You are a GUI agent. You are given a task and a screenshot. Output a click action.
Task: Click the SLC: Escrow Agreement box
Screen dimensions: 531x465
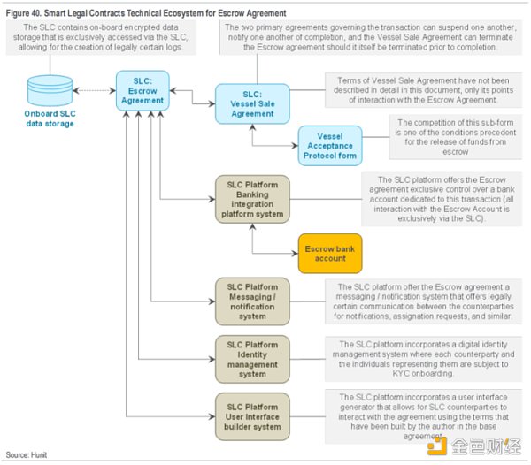point(142,91)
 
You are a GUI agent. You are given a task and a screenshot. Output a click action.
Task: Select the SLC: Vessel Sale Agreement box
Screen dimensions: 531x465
point(252,103)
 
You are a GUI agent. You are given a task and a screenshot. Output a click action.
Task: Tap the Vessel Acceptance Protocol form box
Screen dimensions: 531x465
point(330,146)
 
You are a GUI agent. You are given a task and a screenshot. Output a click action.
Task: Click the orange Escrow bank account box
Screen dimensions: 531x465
point(330,254)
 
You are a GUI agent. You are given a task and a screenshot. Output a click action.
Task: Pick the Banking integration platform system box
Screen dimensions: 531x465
point(252,199)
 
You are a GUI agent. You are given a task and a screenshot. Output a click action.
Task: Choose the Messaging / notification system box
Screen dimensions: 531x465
point(252,301)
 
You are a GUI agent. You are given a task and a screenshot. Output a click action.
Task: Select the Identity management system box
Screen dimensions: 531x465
point(252,359)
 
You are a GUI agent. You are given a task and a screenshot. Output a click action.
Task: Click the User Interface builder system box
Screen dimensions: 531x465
point(252,416)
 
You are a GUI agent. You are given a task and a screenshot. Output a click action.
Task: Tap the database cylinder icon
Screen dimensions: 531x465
point(50,91)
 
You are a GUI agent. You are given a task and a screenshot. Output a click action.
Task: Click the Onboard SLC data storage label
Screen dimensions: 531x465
point(50,118)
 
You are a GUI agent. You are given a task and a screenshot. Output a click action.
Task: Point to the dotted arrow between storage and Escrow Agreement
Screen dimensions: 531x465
point(95,91)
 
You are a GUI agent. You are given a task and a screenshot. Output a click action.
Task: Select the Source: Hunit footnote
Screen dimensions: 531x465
point(27,455)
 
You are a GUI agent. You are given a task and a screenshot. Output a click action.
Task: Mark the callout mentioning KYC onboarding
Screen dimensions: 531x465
point(423,359)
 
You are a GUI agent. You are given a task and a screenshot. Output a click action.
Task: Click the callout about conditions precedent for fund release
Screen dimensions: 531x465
point(456,137)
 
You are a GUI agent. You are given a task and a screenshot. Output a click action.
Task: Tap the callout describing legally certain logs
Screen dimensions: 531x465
point(101,37)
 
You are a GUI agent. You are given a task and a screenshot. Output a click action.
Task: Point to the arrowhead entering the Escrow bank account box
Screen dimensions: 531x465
point(295,254)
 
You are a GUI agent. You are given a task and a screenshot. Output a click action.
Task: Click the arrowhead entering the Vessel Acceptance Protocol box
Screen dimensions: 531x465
point(295,146)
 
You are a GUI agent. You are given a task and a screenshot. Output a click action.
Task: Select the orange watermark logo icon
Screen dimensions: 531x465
point(437,446)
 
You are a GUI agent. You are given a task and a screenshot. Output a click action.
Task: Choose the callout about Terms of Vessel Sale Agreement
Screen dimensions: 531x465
point(423,90)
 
